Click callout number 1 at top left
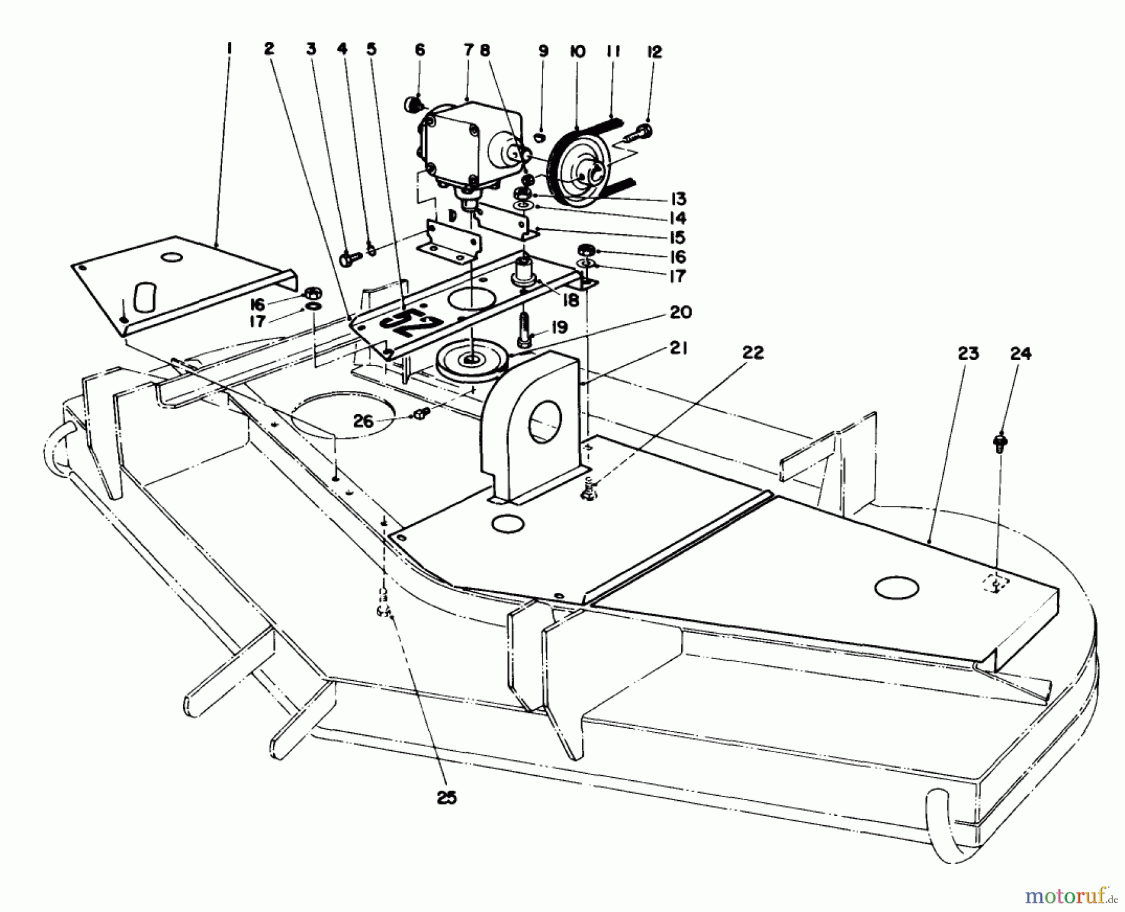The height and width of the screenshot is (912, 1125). pyautogui.click(x=230, y=47)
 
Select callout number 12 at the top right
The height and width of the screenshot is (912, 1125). pyautogui.click(x=654, y=52)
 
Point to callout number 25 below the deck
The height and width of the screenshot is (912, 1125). pyautogui.click(x=447, y=797)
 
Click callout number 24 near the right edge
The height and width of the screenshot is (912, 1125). pyautogui.click(x=1020, y=354)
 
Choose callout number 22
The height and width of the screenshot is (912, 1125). pyautogui.click(x=754, y=353)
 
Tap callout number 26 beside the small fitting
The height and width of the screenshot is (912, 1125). pyautogui.click(x=363, y=421)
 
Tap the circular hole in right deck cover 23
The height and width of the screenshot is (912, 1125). pyautogui.click(x=897, y=588)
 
